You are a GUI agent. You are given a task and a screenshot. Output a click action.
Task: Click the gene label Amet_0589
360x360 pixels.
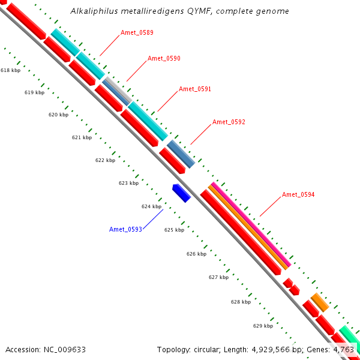[x=137, y=32]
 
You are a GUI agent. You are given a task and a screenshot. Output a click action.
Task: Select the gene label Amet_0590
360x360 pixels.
[x=164, y=58]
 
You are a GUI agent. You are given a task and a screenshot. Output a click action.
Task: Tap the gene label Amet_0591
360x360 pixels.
[x=195, y=89]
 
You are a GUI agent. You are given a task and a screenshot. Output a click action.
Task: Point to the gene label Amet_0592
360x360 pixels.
[x=229, y=122]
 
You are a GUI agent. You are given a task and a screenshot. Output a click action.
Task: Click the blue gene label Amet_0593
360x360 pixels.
[x=125, y=229]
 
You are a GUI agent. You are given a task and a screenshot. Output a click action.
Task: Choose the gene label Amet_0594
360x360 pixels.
[x=298, y=194]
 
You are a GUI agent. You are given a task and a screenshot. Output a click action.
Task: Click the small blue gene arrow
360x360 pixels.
[x=181, y=193]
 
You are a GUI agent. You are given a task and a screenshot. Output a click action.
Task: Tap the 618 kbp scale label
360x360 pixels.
[x=10, y=70]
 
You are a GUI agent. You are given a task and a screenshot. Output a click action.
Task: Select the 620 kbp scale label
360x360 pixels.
[x=58, y=115]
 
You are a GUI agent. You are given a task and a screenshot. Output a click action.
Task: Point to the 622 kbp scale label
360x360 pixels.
[x=105, y=160]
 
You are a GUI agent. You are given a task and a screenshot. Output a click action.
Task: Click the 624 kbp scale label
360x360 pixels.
[x=151, y=206]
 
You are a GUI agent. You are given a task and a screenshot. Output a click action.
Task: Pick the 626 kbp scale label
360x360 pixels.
[x=196, y=254]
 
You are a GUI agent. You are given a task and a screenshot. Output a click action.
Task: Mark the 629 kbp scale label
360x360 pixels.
[x=263, y=326]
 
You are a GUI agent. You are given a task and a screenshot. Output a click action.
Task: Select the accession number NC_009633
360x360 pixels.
[x=63, y=349]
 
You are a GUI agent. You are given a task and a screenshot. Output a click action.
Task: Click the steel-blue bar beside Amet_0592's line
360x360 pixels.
[x=181, y=154]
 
